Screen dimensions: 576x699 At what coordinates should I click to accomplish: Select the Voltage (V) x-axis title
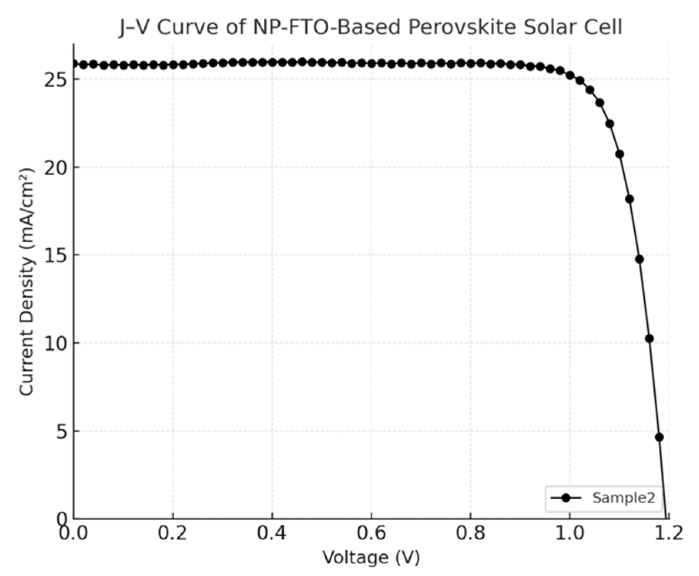371,558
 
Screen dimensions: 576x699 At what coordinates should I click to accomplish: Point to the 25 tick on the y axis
55,80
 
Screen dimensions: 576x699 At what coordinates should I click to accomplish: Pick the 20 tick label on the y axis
55,167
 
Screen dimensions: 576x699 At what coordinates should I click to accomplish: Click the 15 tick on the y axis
55,255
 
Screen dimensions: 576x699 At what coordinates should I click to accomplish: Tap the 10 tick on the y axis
55,343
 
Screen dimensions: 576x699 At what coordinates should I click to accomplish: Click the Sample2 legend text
624,498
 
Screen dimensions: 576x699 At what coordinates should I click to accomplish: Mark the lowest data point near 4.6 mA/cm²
659,437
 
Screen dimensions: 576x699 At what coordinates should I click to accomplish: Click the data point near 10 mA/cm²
649,338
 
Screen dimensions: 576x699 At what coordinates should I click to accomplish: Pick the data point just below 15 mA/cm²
639,259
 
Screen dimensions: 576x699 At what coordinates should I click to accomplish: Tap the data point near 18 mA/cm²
629,199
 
